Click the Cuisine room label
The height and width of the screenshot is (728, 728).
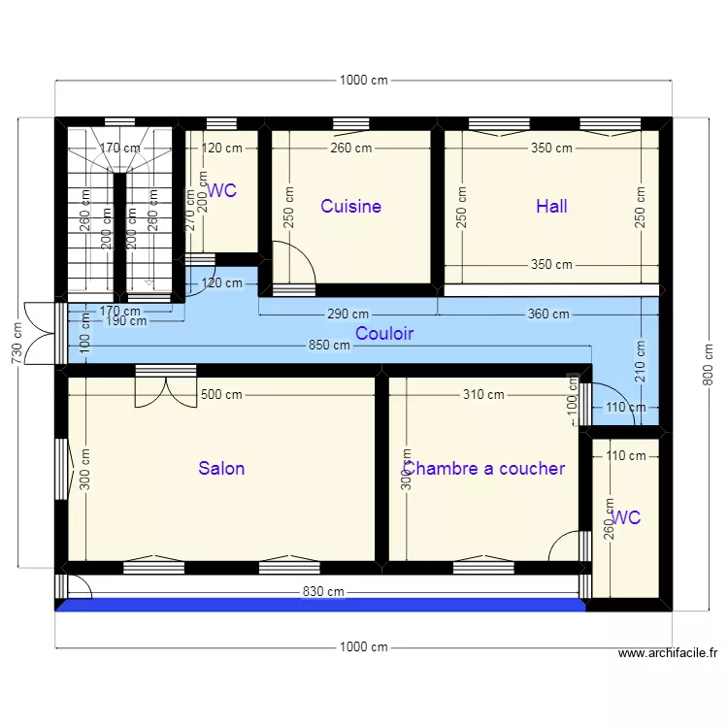coord(350,206)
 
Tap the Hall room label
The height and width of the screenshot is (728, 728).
coord(551,206)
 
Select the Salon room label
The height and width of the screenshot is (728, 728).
coord(221,468)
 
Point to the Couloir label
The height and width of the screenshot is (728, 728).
coord(384,334)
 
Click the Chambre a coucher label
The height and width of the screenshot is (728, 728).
coord(484,468)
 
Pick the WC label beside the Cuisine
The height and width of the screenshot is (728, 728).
coord(222,191)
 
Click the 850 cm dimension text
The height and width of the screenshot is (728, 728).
coord(329,346)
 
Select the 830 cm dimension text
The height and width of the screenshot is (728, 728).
coord(323,591)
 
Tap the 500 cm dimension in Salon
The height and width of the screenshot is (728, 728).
coord(222,395)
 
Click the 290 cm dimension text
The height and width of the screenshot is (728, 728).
coord(347,314)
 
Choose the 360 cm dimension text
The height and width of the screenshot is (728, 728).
coord(548,314)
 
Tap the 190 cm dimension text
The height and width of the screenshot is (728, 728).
coord(126,321)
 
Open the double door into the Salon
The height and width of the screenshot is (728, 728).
coord(166,386)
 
